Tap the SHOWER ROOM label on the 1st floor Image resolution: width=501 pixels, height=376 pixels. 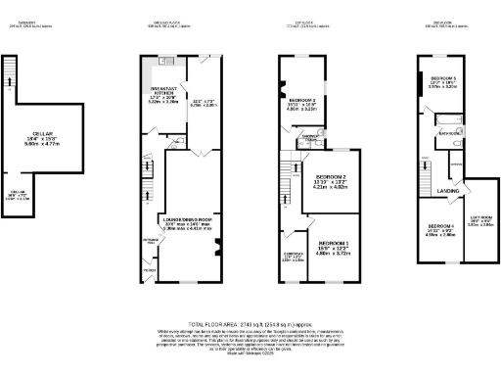309,137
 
